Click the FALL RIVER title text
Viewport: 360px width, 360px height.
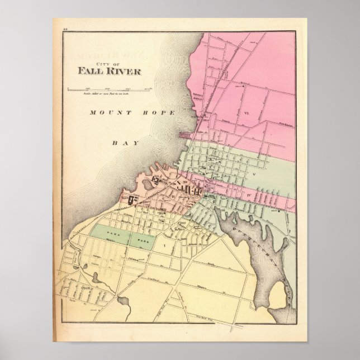point(110,71)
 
